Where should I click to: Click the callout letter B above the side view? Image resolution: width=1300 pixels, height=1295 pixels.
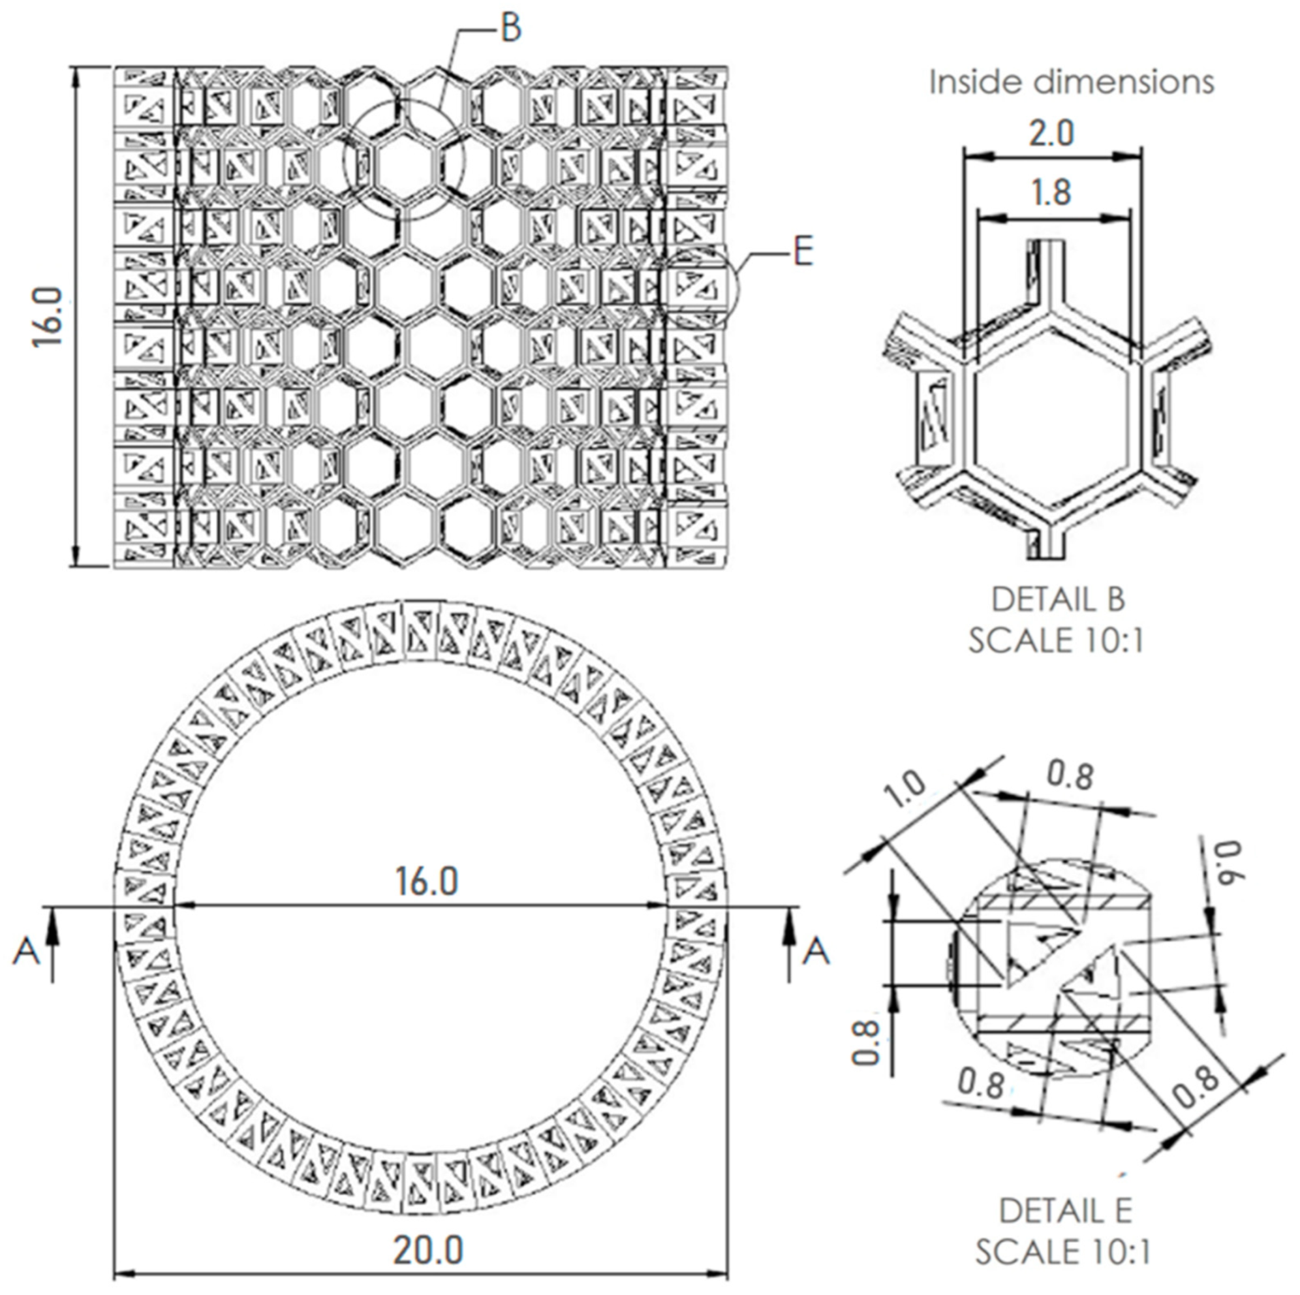[512, 29]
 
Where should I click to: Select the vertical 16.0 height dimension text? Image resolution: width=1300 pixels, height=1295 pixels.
[48, 317]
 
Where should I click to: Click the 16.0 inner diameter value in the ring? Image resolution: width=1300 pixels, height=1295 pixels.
[427, 881]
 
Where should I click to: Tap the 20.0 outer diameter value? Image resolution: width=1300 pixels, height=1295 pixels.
[429, 1232]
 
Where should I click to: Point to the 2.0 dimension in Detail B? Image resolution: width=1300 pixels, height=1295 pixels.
[1052, 133]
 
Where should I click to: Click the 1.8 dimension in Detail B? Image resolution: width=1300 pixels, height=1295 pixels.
[1052, 193]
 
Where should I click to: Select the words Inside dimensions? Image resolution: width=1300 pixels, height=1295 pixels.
[1071, 83]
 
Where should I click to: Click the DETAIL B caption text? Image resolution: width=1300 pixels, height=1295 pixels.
[1058, 600]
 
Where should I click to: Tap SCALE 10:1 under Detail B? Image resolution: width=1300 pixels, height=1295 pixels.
[1057, 641]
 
